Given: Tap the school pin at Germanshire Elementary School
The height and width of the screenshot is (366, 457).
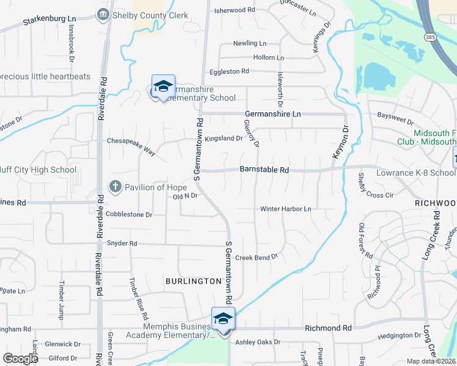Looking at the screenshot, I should click(x=163, y=87).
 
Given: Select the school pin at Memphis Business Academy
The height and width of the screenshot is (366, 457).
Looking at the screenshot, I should click(x=223, y=319).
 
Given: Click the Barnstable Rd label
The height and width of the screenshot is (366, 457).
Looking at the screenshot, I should click(x=264, y=171).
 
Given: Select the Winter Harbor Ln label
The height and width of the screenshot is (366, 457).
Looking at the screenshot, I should click(x=285, y=209).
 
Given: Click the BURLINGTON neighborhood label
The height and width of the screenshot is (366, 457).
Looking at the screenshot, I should click(x=193, y=281).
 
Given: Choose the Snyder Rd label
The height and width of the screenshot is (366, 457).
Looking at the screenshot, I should click(x=122, y=243).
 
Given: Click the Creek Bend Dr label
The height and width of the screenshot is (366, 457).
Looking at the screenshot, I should click(x=257, y=257).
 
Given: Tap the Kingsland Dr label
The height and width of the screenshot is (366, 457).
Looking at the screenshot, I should click(x=223, y=138).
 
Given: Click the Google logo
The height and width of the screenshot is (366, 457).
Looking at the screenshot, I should click(x=21, y=358).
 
